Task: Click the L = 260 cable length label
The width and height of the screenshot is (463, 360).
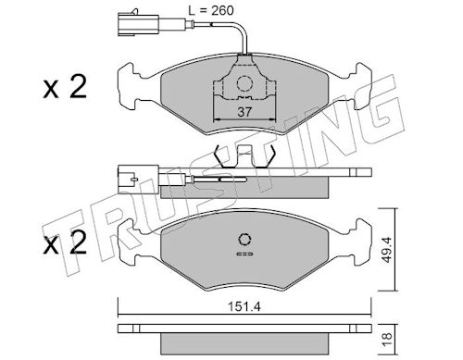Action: pos(211,10)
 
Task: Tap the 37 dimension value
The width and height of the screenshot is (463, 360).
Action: pos(244,112)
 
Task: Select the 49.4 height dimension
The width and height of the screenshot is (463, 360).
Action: pos(386,250)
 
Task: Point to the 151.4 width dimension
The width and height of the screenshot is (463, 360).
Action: pos(244,306)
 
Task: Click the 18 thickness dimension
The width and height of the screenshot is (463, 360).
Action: pos(386,339)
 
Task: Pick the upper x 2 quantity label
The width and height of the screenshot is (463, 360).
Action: pos(65,87)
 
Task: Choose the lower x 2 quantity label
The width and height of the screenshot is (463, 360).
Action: pos(65,242)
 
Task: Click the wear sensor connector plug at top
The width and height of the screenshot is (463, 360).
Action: pos(138,24)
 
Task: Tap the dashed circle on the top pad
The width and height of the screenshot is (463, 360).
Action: pos(244,83)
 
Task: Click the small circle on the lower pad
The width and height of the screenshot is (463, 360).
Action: pos(244,240)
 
